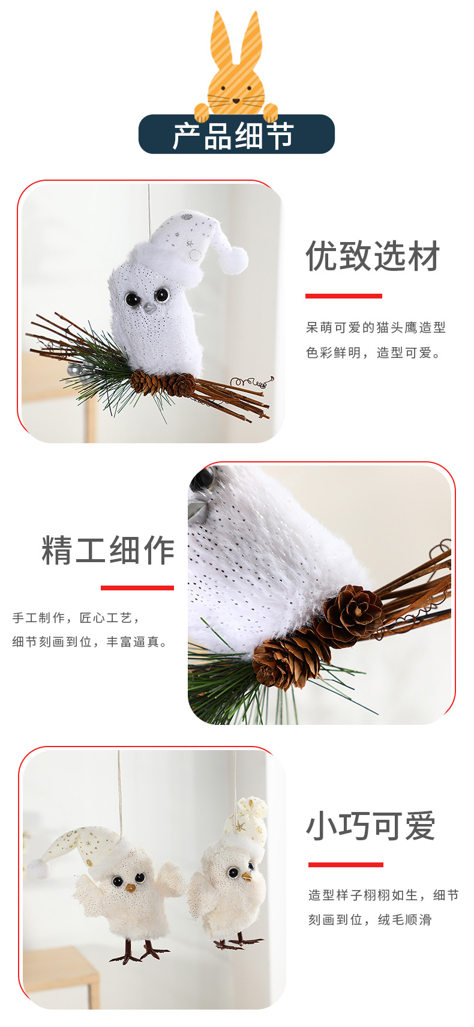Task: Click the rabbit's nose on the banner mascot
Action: coord(236,101)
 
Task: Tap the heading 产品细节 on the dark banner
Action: coord(233,136)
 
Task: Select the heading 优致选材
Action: coord(373,256)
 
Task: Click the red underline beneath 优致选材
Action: coord(343,296)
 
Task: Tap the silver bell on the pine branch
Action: coord(74,370)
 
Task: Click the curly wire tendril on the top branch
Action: coord(253,382)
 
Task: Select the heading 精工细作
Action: coord(108,550)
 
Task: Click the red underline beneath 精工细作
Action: coord(137,588)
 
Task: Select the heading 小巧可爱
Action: coord(371,825)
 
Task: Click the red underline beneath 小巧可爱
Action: coord(346,865)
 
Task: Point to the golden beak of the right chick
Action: coord(247,877)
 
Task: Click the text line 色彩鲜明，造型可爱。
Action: coord(373,353)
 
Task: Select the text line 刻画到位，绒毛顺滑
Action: coord(370,919)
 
